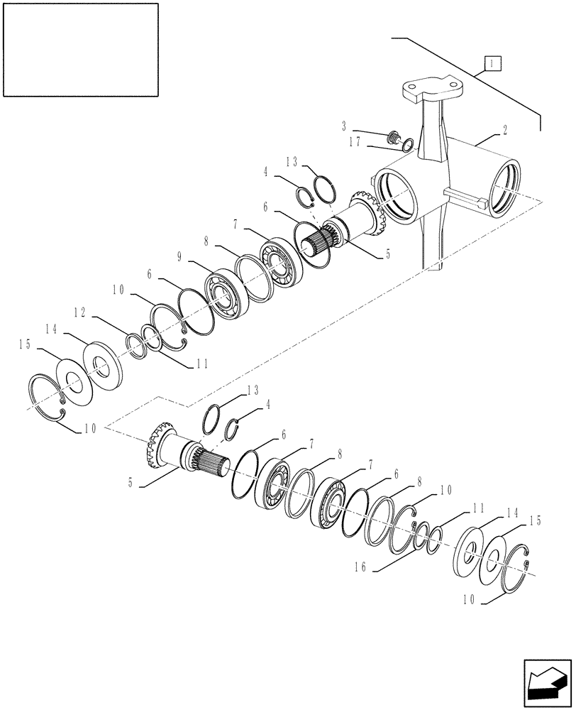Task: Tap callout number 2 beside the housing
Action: click(x=504, y=131)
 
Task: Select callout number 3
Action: click(x=344, y=126)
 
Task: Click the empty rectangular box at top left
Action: click(x=80, y=49)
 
